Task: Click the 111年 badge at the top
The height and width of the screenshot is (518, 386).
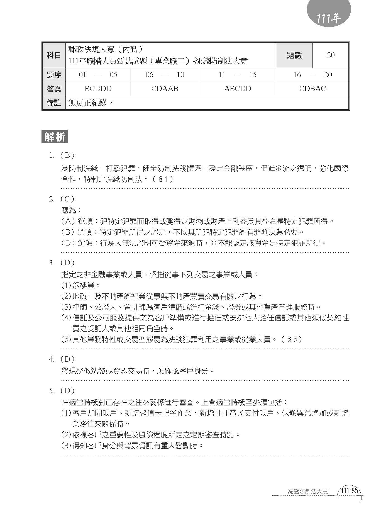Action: pos(329,18)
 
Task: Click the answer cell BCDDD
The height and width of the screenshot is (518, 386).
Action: pos(98,89)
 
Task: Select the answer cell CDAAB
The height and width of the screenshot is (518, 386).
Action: pos(165,89)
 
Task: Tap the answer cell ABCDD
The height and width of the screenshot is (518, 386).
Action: pos(237,89)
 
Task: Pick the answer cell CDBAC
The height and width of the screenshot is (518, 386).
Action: pos(312,89)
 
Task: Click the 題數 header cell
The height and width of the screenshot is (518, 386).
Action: pos(294,55)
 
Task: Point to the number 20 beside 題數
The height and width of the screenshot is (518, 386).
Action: pos(331,55)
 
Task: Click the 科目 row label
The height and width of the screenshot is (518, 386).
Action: pos(54,55)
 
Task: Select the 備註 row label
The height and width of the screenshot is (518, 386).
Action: pos(54,103)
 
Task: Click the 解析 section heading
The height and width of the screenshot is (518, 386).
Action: pos(55,137)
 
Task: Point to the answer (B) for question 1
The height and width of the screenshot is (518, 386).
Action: pos(67,155)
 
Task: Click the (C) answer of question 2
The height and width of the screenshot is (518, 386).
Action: pos(67,199)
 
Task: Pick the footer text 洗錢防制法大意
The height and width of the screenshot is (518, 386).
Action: pos(308,499)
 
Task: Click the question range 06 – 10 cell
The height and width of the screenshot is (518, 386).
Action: pos(165,75)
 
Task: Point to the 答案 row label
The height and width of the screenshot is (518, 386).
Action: pos(54,89)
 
